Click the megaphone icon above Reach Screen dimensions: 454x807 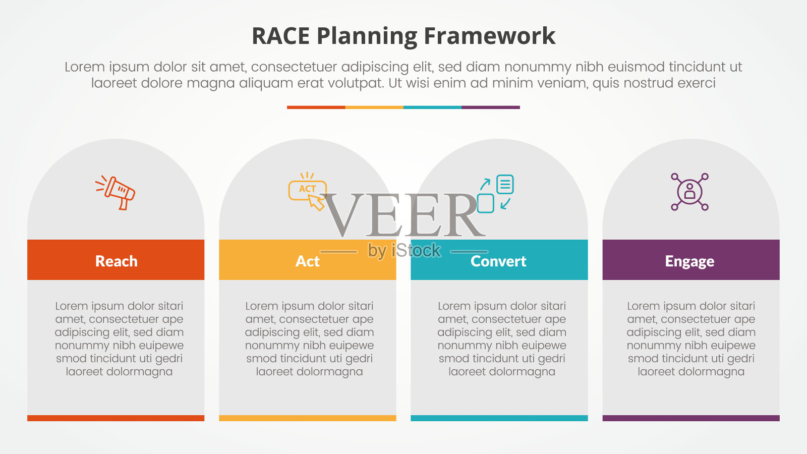pos(116,192)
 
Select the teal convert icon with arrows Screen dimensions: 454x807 pos(495,193)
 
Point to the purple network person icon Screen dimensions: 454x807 pos(689,192)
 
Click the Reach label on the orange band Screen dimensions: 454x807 pos(116,261)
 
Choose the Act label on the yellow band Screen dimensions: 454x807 pos(307,261)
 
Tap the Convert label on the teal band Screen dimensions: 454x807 pos(498,261)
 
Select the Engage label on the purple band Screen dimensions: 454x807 pos(689,261)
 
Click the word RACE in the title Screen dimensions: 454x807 pos(280,36)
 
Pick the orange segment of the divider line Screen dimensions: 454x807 pos(316,107)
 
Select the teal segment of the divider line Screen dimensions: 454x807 pos(432,107)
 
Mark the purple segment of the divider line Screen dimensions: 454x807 pos(491,107)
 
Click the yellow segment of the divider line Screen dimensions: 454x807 pos(374,107)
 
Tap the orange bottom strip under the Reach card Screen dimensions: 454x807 pos(116,418)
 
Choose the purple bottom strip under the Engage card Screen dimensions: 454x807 pos(691,418)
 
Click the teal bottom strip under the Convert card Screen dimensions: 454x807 pos(499,418)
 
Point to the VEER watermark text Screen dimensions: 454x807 pos(403,216)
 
